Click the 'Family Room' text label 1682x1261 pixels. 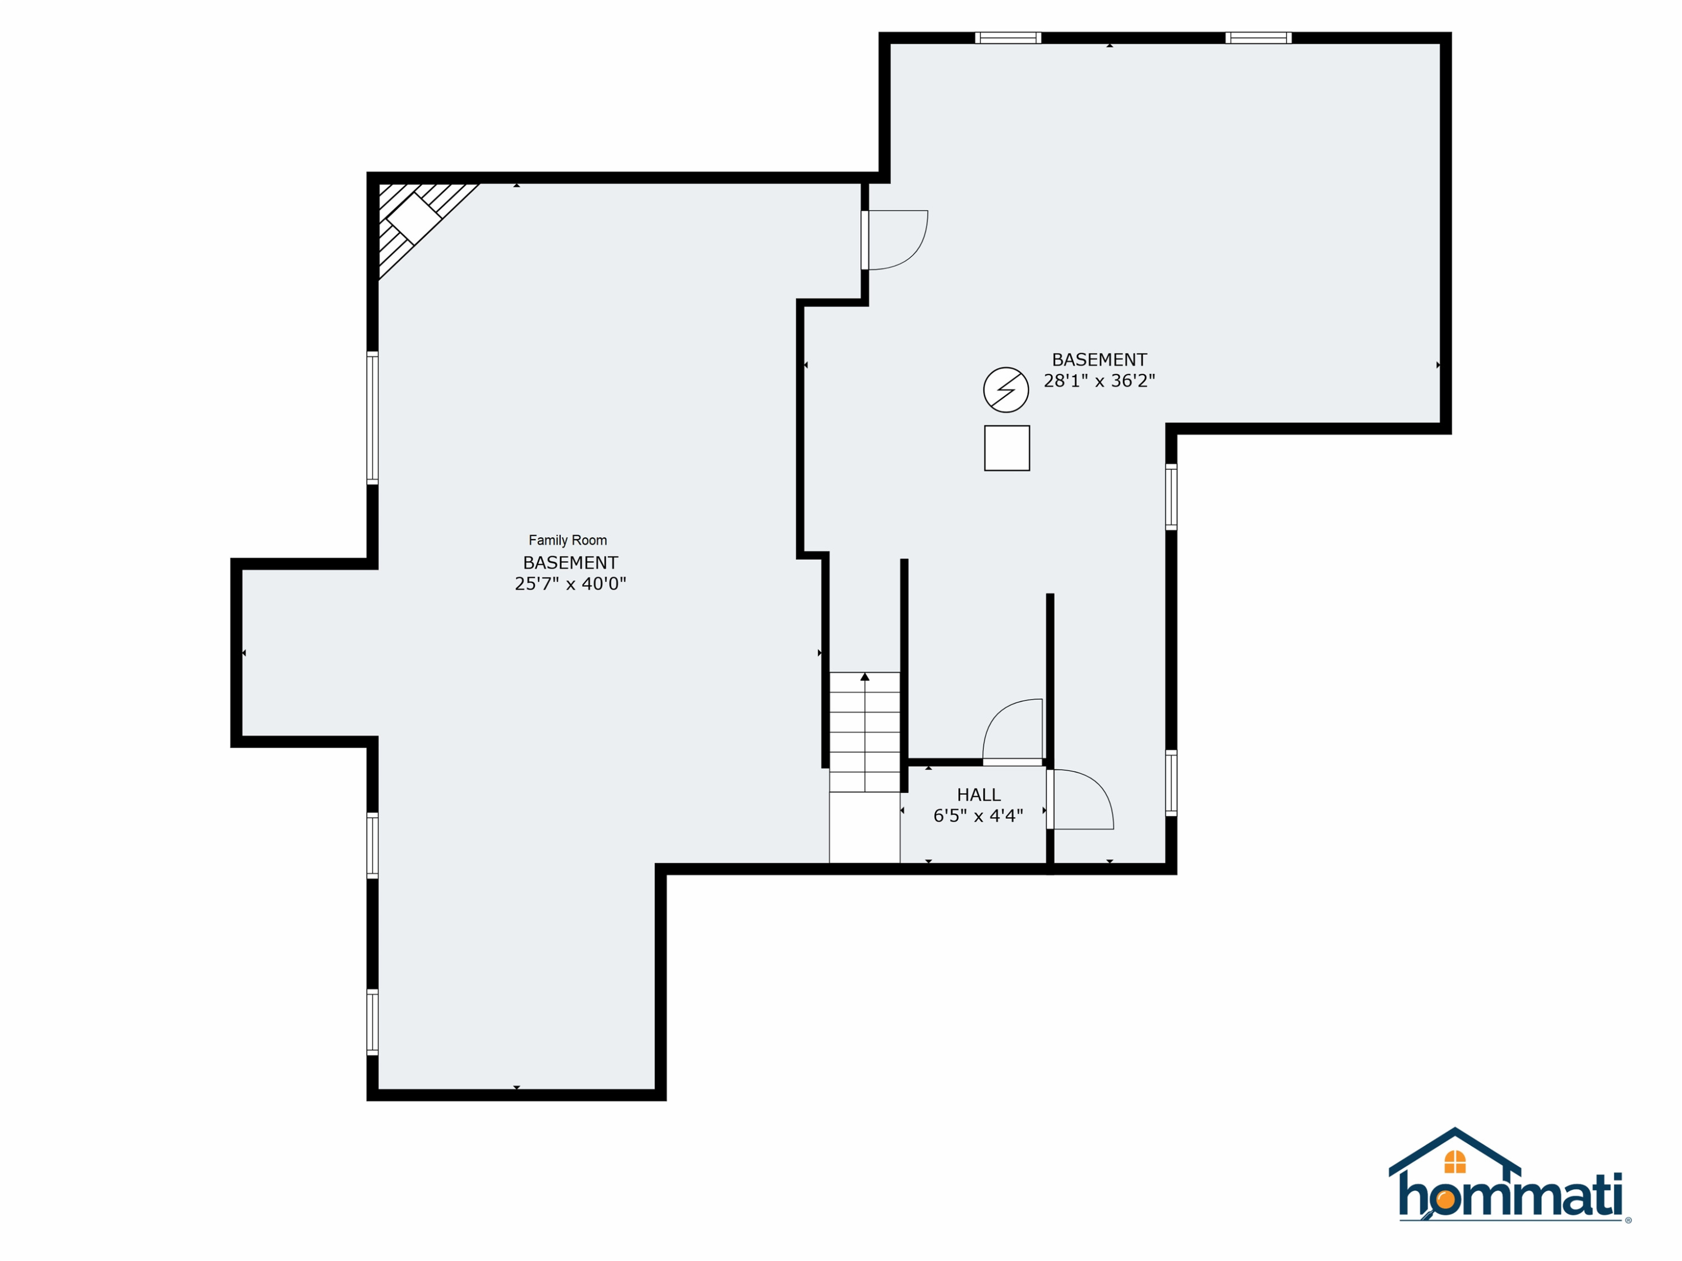coord(568,540)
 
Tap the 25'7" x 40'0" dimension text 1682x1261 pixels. coord(570,584)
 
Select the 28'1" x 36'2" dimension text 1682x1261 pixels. coord(1099,381)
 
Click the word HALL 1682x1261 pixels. coord(978,795)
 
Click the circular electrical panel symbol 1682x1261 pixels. coord(1006,390)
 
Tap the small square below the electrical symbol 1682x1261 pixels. coord(1007,448)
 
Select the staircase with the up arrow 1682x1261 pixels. coord(865,732)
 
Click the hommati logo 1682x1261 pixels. coord(1509,1176)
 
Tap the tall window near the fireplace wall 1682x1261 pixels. coord(373,418)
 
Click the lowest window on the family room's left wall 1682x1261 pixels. coord(373,1022)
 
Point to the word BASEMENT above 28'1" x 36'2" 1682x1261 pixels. coord(1099,360)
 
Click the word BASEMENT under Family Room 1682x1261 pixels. coord(570,563)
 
